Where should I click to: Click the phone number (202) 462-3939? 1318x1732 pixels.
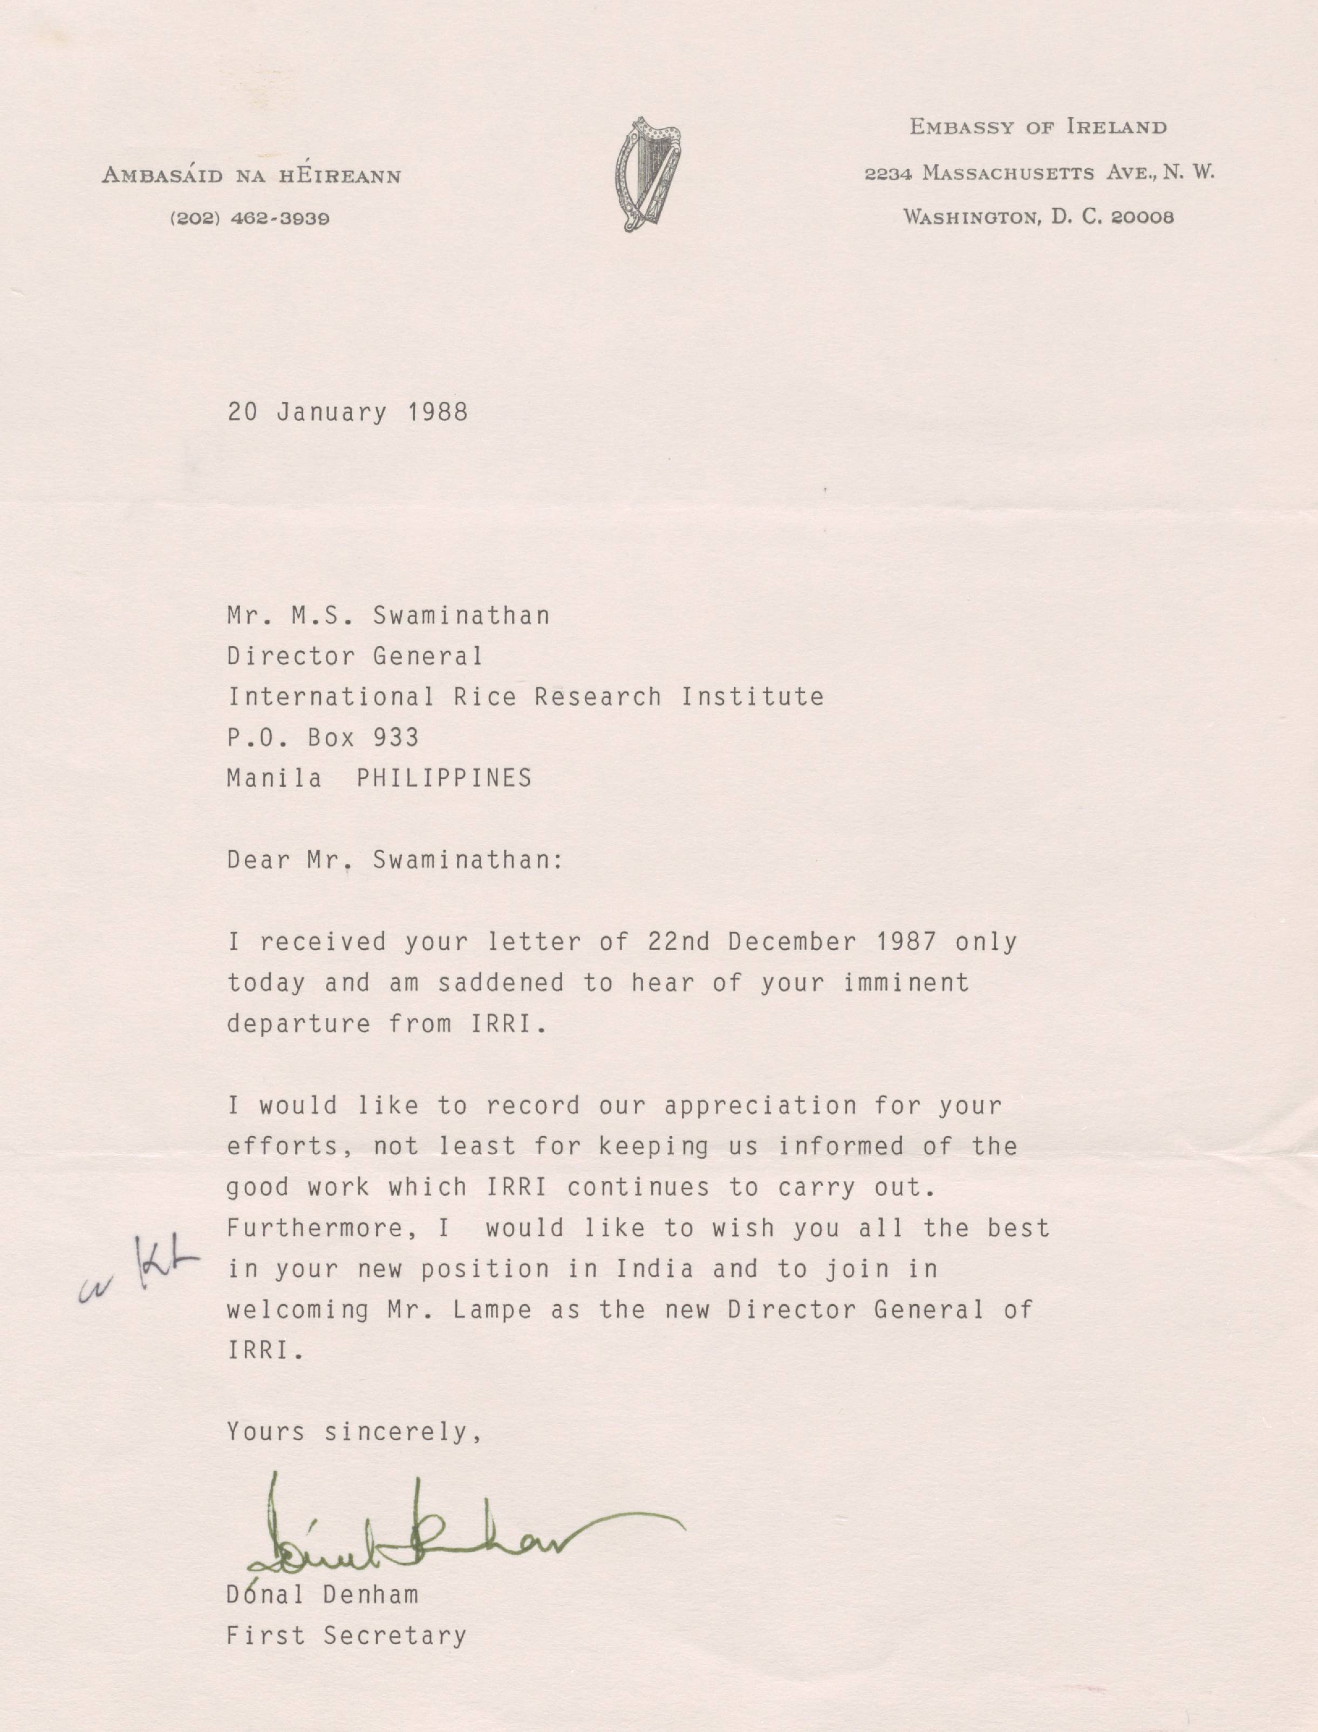(249, 218)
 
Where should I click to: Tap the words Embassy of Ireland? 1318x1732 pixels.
(1038, 127)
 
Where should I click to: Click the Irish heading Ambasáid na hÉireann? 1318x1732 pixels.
(251, 175)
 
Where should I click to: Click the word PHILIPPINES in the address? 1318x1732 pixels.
(444, 778)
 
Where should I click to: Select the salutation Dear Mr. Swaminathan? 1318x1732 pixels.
(394, 860)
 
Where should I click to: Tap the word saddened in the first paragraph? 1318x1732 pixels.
(501, 983)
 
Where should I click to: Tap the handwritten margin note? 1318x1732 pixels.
(140, 1269)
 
